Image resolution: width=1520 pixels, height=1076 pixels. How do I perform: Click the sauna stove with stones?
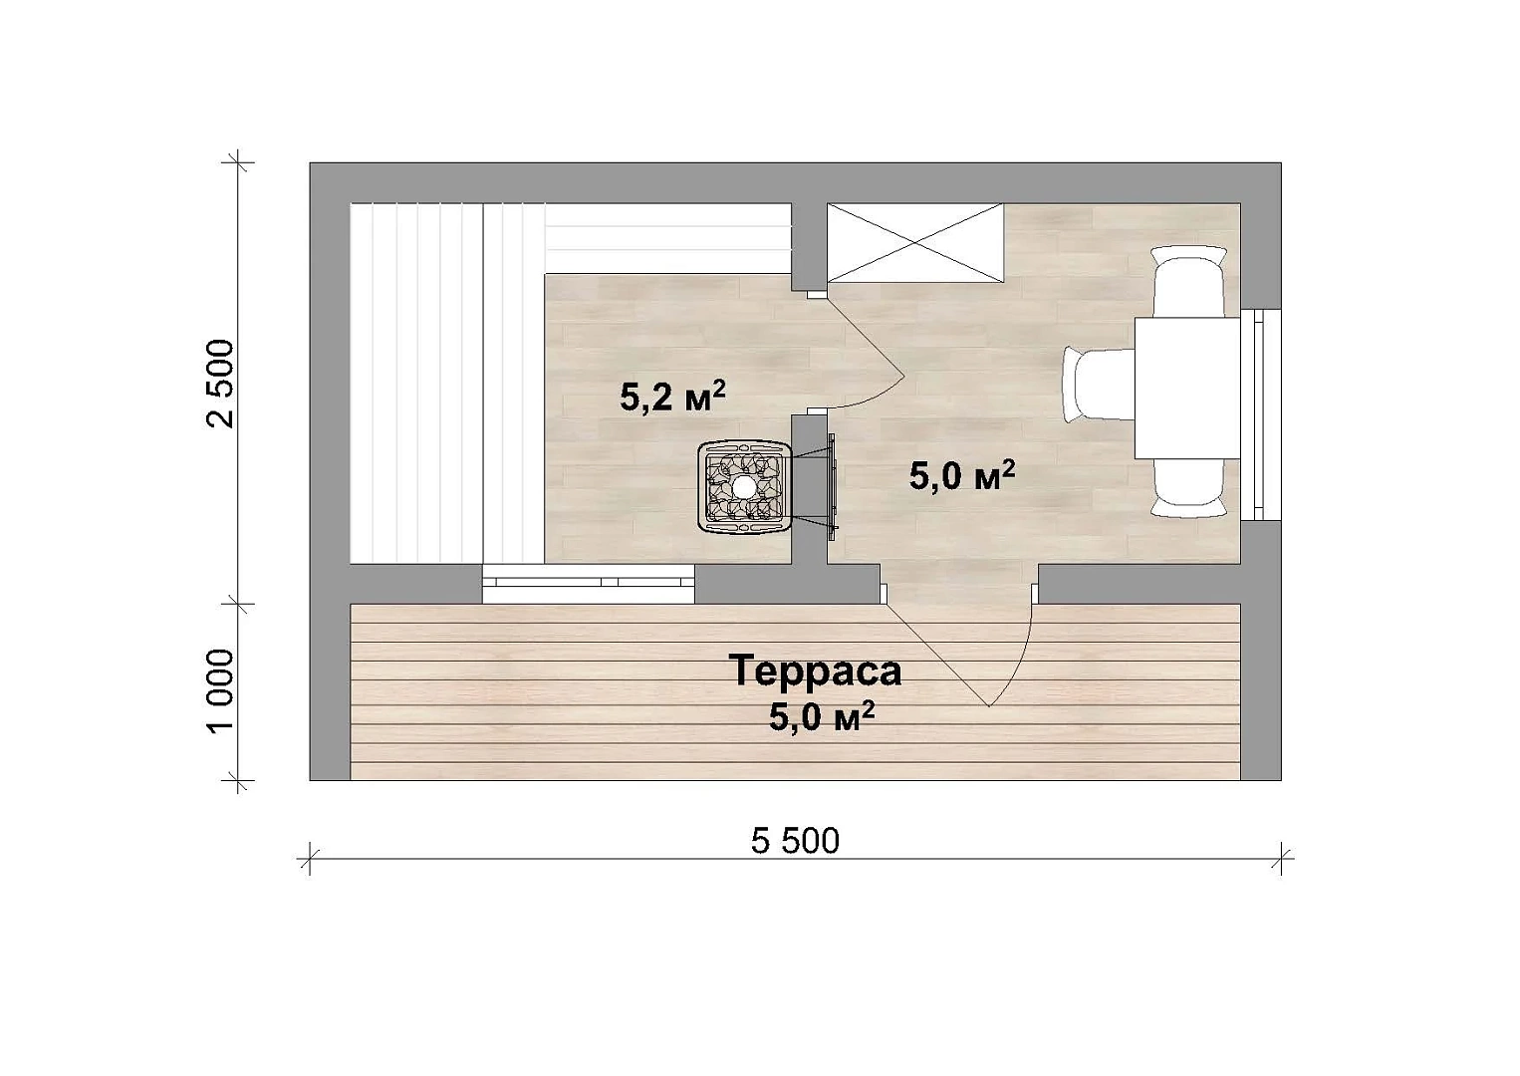point(745,486)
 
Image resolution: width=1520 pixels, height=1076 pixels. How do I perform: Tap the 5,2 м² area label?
point(672,397)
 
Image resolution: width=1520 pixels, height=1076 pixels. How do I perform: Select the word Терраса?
point(816,671)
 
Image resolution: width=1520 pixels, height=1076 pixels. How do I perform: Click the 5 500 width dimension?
point(795,841)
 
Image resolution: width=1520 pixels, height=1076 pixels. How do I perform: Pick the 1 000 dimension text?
point(221,692)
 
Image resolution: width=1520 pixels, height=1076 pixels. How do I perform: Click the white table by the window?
point(1187,388)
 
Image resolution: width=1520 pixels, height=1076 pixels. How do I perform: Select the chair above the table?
point(1189,281)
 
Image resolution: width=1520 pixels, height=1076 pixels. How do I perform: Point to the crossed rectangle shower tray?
point(914,243)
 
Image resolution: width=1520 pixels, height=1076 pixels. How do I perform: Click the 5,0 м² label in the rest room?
point(961,476)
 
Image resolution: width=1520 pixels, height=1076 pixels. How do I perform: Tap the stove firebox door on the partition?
point(831,486)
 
